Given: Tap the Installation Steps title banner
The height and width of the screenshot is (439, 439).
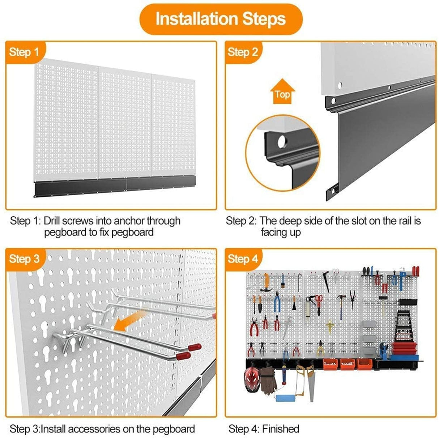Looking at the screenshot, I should [x=220, y=19].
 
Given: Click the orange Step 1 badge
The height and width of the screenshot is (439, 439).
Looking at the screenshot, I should [x=24, y=52].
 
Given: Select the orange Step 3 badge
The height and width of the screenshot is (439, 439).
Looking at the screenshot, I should [x=24, y=259].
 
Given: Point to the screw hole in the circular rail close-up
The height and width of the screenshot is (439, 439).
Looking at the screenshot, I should [x=281, y=142].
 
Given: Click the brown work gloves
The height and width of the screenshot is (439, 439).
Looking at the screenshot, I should [x=268, y=380].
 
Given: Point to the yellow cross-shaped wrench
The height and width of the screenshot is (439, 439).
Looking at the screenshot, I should [x=329, y=327].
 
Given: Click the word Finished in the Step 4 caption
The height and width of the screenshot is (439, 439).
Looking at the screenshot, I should [x=281, y=429].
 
